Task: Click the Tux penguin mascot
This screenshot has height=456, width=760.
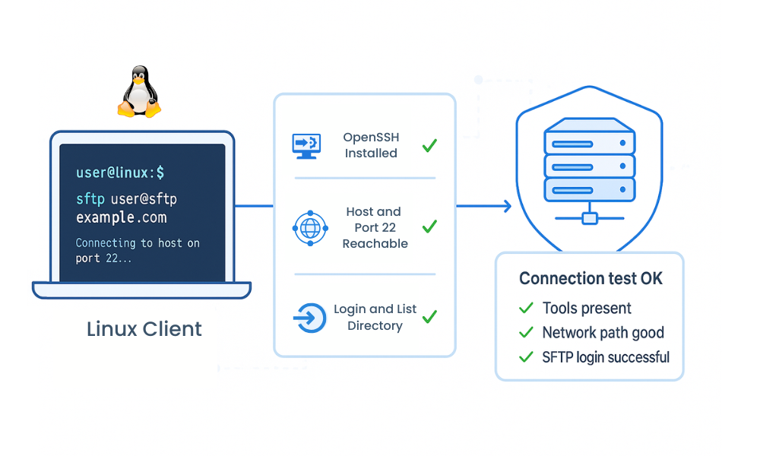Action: click(x=139, y=92)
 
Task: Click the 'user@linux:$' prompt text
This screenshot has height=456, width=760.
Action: click(x=120, y=173)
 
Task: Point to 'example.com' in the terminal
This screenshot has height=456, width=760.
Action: click(x=121, y=217)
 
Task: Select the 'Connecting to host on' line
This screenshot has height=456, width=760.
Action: click(x=138, y=243)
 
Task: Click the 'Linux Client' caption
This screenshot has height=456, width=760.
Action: click(x=144, y=329)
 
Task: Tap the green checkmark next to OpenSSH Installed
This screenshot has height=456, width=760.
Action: click(x=429, y=145)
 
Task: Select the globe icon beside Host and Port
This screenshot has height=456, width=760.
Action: click(x=310, y=228)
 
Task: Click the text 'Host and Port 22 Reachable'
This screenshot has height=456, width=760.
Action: click(x=374, y=227)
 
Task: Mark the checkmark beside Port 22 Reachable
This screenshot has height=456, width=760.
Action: click(x=429, y=226)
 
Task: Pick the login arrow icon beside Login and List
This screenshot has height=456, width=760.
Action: click(x=309, y=318)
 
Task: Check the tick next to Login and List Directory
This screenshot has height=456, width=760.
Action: click(x=429, y=316)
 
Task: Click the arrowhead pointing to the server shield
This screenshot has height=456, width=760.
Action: click(x=506, y=205)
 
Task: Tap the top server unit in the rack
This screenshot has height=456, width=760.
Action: click(x=589, y=141)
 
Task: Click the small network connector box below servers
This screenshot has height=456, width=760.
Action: click(x=589, y=219)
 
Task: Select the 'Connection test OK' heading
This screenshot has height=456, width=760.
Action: click(x=591, y=279)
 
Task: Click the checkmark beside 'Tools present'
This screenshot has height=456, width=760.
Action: click(x=525, y=308)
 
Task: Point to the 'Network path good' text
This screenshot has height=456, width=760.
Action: click(x=603, y=332)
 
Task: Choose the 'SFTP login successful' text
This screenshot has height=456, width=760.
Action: click(x=606, y=356)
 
